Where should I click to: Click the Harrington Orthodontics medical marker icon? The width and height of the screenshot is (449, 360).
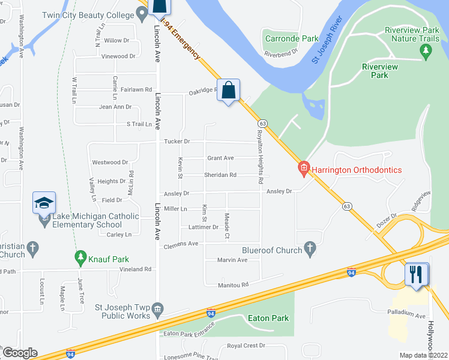tap(304, 170)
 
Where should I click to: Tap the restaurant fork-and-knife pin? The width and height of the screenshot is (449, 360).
tap(417, 275)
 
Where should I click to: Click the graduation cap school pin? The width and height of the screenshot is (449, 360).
tap(44, 203)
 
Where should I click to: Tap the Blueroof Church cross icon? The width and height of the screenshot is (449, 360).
tap(310, 249)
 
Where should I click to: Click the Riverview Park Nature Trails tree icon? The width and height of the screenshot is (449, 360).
tap(426, 52)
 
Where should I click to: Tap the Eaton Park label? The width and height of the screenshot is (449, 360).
tap(268, 319)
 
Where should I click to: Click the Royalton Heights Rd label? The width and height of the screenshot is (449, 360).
tap(260, 157)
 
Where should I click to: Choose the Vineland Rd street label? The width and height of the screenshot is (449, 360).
tap(134, 269)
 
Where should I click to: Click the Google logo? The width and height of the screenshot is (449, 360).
tap(19, 353)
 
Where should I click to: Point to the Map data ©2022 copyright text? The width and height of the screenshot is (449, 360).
tap(423, 355)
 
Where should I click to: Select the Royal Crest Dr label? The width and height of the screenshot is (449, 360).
tap(246, 346)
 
